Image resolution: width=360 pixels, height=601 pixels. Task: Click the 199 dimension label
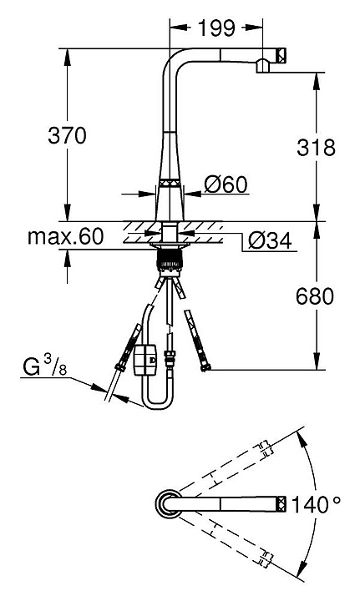point(216,28)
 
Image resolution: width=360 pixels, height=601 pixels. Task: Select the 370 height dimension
point(67,135)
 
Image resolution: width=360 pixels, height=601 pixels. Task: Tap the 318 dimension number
point(316,147)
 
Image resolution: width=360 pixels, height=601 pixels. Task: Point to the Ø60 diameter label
point(226,184)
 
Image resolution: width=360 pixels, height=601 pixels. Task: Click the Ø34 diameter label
point(270,240)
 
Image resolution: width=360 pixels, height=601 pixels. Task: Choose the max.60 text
point(65,236)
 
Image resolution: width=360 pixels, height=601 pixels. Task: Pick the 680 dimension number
point(315,295)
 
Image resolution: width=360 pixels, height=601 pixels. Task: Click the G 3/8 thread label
point(44,366)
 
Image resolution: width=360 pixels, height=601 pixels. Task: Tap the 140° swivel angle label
point(316,504)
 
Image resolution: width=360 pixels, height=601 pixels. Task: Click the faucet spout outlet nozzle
point(262,66)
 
